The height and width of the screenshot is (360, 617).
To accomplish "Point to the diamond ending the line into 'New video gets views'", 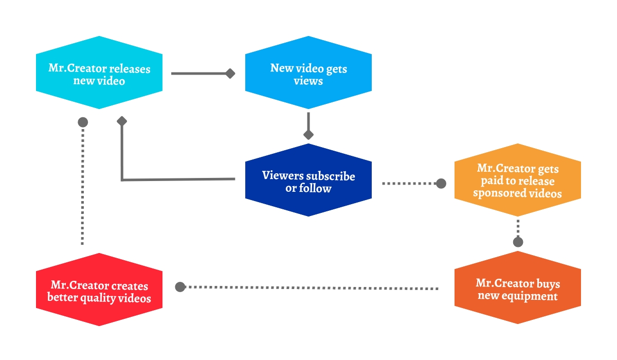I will coord(230,74).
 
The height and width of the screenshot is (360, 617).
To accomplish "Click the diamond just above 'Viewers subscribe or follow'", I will coord(308,135).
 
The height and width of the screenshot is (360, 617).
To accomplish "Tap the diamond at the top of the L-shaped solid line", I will coord(122,121).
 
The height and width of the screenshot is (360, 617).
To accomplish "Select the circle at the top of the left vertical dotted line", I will coord(82,122).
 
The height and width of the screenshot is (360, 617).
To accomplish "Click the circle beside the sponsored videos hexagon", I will coord(441,184).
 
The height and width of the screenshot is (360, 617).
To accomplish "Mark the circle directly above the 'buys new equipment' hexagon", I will coord(518,242).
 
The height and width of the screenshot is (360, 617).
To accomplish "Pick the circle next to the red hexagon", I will coord(180,287).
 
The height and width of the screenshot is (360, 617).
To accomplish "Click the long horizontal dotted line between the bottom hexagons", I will coord(308,287).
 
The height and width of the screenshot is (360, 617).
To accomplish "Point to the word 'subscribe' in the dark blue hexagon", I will coord(331,176).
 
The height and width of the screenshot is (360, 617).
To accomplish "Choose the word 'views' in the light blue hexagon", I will coord(308,81).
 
